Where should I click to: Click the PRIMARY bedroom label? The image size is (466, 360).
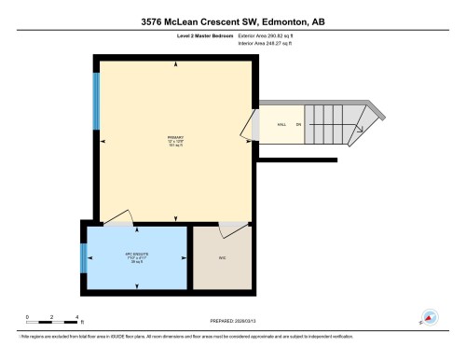[x=174, y=137]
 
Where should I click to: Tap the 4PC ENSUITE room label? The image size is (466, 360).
[x=138, y=255]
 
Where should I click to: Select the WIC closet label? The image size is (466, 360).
[x=223, y=257]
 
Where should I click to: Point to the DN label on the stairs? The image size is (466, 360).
[x=298, y=123]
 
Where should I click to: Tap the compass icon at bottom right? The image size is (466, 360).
[x=430, y=317]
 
